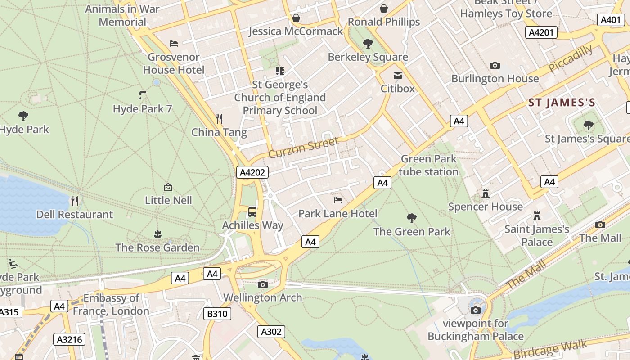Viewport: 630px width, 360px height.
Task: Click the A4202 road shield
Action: pyautogui.click(x=252, y=172)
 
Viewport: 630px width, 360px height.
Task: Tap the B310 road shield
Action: pyautogui.click(x=217, y=314)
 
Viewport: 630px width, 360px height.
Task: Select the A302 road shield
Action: pyautogui.click(x=271, y=332)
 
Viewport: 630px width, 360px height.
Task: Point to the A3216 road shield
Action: pyautogui.click(x=69, y=339)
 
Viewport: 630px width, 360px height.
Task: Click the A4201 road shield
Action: pyautogui.click(x=542, y=32)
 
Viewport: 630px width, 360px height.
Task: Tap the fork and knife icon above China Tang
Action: pyautogui.click(x=219, y=119)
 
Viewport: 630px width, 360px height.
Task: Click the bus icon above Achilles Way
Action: pyautogui.click(x=252, y=211)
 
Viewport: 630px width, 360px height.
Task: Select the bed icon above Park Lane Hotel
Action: pyautogui.click(x=338, y=200)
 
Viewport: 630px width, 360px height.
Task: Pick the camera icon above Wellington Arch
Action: pyautogui.click(x=263, y=284)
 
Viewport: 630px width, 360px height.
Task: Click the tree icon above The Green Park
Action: pyautogui.click(x=411, y=218)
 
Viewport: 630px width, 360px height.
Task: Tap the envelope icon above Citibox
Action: pyautogui.click(x=398, y=76)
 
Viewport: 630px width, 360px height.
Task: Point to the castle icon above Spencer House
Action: pyautogui.click(x=486, y=193)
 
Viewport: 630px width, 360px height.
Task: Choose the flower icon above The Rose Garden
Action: pyautogui.click(x=157, y=234)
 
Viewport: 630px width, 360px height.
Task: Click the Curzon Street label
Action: pyautogui.click(x=304, y=148)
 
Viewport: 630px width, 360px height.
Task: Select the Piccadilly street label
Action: pyautogui.click(x=571, y=58)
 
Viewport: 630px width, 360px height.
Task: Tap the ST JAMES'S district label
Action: pyautogui.click(x=562, y=103)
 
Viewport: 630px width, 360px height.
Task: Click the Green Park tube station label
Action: pyautogui.click(x=429, y=165)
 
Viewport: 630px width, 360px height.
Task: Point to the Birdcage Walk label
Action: pyautogui.click(x=550, y=349)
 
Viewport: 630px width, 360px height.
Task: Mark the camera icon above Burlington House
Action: pyautogui.click(x=495, y=66)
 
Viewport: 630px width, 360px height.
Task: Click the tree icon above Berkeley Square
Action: pyautogui.click(x=368, y=44)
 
